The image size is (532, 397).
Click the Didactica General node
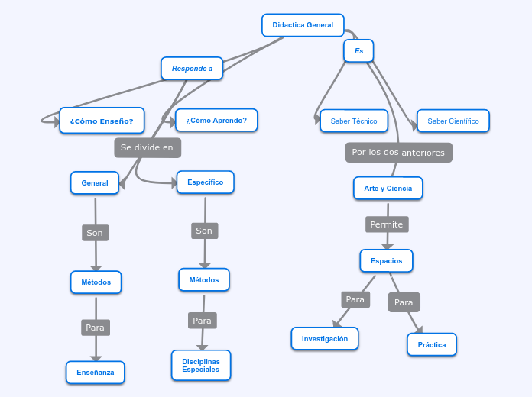[303, 25]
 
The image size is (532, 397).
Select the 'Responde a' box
[192, 68]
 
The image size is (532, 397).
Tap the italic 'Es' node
[358, 51]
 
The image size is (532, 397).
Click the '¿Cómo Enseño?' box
[102, 121]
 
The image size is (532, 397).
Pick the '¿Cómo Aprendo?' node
[216, 120]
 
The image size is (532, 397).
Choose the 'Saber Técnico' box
[354, 121]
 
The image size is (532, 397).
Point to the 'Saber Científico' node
[453, 121]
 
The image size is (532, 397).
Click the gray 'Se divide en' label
[148, 147]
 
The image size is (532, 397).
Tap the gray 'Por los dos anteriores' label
[398, 153]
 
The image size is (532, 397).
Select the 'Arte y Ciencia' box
[388, 188]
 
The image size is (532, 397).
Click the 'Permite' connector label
[386, 224]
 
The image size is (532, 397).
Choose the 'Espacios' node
[386, 261]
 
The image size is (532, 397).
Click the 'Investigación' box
[325, 338]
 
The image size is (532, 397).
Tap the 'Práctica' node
[432, 344]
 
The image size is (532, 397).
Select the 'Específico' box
[205, 182]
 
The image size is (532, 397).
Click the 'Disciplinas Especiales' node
[201, 365]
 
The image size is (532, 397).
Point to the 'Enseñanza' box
[96, 373]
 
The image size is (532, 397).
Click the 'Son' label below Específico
[204, 231]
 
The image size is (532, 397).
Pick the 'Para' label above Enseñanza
[95, 328]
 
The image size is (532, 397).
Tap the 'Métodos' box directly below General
[96, 282]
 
